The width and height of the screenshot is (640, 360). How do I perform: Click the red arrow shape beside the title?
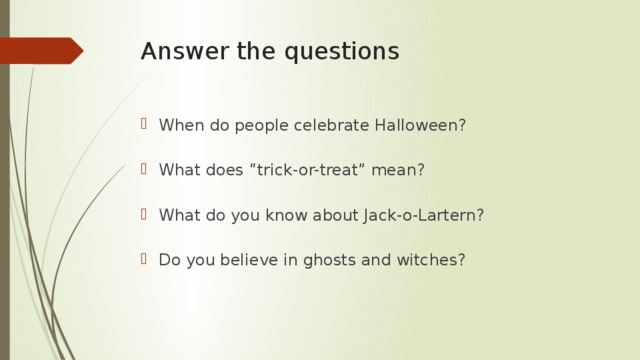click(42, 50)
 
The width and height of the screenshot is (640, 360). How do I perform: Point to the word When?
click(179, 125)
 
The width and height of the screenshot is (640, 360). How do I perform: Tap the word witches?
click(432, 260)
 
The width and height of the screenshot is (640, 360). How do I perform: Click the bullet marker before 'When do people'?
click(146, 125)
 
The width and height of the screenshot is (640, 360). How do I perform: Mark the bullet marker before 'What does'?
click(146, 170)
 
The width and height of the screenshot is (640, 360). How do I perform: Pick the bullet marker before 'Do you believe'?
click(146, 260)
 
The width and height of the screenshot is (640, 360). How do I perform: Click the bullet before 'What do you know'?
click(146, 215)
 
